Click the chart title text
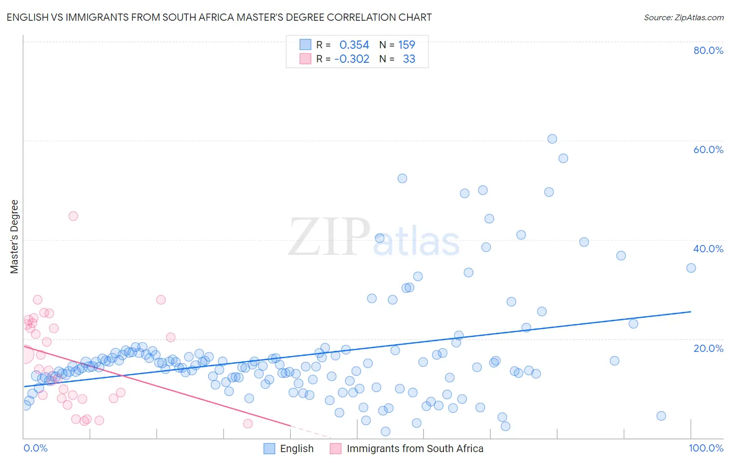[219, 17]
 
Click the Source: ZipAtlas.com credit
[683, 17]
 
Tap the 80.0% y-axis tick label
[708, 50]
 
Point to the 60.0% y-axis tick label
[708, 149]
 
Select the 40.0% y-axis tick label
[708, 249]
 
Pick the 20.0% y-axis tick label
[708, 348]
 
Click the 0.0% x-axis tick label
[35, 448]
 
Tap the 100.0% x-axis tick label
[706, 448]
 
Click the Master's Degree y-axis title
[15, 236]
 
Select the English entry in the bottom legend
[296, 448]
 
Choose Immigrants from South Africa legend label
[414, 448]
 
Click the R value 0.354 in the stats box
[354, 45]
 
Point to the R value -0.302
[352, 59]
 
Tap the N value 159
[407, 45]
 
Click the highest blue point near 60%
[552, 139]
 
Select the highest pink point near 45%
[73, 216]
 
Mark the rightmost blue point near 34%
[691, 268]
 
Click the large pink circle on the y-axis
[24, 355]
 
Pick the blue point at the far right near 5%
[661, 416]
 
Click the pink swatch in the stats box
[305, 59]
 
